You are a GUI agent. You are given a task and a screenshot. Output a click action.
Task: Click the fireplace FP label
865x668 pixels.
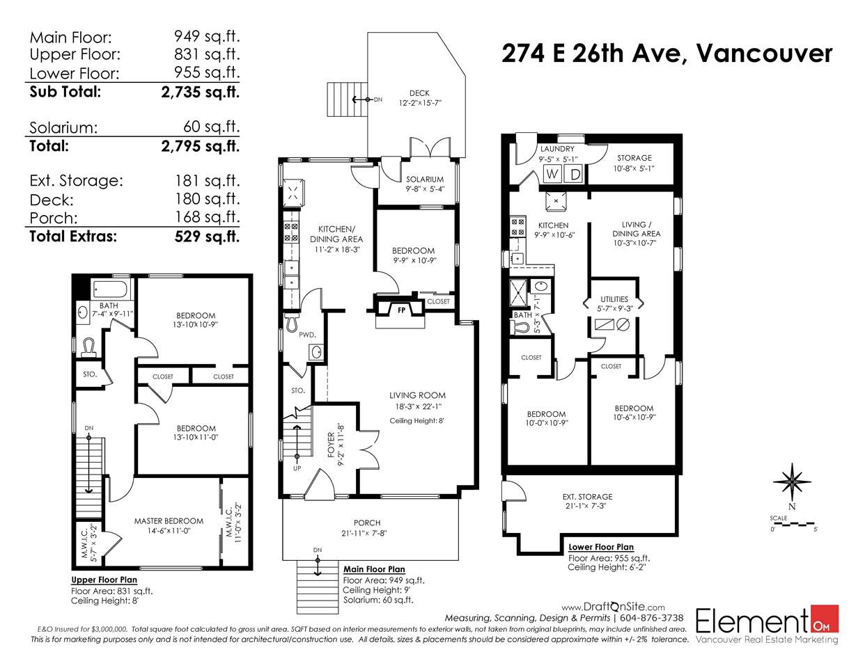[401, 310]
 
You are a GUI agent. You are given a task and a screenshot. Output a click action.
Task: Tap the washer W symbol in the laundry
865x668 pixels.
[552, 174]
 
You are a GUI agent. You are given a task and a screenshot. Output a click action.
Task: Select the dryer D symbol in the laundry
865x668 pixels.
[575, 174]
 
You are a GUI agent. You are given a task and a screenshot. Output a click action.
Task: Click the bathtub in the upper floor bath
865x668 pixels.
[109, 289]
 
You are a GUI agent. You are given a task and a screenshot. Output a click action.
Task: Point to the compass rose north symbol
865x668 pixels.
[792, 482]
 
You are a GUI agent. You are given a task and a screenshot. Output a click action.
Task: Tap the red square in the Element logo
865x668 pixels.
[825, 619]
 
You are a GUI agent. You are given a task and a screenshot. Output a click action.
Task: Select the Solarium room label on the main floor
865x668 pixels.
[425, 180]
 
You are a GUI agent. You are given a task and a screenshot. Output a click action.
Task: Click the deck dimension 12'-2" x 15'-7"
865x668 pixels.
[420, 103]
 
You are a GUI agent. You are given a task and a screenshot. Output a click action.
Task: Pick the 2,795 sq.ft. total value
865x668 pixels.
[200, 146]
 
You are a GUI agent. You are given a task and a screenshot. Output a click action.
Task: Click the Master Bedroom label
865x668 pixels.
[169, 521]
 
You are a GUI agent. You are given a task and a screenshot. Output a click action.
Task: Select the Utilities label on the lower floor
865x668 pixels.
[614, 299]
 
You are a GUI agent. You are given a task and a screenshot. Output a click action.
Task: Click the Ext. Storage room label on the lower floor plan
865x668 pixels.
[587, 497]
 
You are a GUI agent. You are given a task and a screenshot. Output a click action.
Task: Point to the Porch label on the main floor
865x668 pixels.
[367, 523]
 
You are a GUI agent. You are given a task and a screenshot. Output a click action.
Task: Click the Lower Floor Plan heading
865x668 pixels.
[600, 547]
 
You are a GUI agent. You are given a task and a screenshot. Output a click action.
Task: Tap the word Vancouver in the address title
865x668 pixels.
[764, 54]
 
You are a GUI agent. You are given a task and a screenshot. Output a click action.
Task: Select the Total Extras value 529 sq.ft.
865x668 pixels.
[207, 237]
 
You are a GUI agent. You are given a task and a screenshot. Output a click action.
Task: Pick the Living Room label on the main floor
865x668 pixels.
[417, 395]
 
